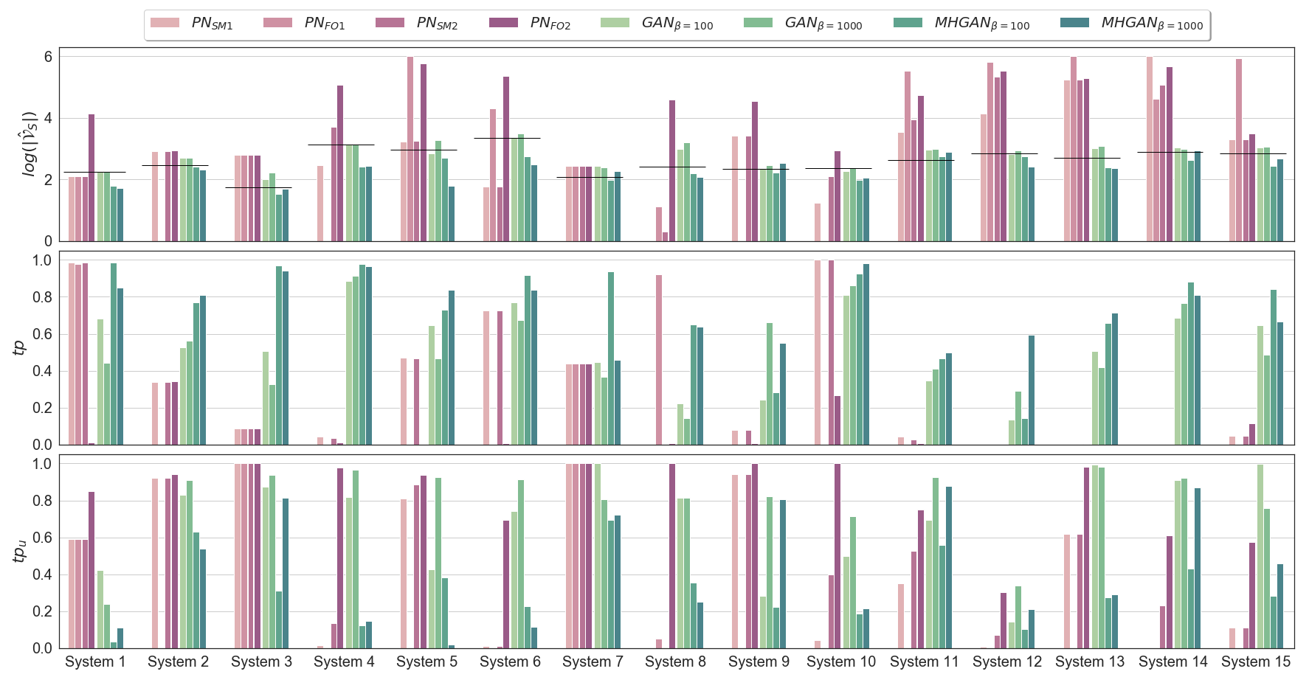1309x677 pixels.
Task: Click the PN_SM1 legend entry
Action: click(192, 24)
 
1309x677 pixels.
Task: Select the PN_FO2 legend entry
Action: click(531, 24)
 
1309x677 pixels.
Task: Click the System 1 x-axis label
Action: click(95, 662)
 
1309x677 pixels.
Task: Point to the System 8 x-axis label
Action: click(675, 662)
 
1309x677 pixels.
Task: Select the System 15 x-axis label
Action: click(1255, 662)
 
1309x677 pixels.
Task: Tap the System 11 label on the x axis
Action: click(924, 662)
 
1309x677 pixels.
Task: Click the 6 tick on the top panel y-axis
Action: click(48, 57)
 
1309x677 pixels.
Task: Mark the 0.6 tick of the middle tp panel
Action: click(42, 334)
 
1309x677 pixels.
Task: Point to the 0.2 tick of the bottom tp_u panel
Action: click(42, 611)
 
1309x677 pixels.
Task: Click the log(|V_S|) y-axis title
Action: click(30, 144)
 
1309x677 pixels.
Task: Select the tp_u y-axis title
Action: click(20, 551)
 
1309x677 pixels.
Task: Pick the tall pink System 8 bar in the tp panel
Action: click(659, 360)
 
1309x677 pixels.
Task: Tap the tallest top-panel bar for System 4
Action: click(340, 163)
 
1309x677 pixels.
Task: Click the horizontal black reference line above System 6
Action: click(507, 138)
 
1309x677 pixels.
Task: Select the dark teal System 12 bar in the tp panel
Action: click(1032, 390)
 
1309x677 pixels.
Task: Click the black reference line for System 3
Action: click(258, 187)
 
